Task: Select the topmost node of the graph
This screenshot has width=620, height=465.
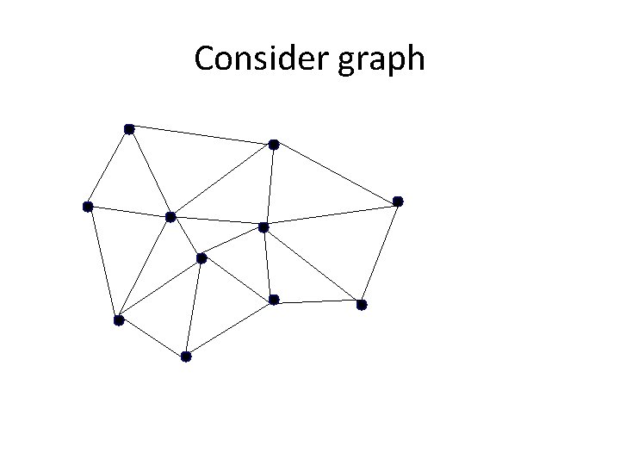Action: [x=128, y=129]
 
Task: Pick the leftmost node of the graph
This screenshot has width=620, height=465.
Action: [x=87, y=207]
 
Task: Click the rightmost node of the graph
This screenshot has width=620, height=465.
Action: [x=398, y=201]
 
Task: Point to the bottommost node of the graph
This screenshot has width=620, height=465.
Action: [x=186, y=356]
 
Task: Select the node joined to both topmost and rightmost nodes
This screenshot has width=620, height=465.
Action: [x=273, y=145]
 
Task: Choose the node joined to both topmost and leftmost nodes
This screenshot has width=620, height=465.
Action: [x=170, y=216]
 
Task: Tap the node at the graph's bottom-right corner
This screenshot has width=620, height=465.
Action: [x=362, y=305]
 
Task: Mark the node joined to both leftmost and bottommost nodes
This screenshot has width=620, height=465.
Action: [x=118, y=320]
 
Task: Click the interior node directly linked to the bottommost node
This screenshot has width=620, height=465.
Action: [x=201, y=258]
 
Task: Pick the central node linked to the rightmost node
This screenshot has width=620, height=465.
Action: [x=263, y=227]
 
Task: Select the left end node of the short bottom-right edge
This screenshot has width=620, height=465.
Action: [x=274, y=300]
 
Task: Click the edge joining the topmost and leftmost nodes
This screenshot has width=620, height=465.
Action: [x=108, y=168]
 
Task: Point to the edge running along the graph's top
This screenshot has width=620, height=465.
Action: [x=201, y=137]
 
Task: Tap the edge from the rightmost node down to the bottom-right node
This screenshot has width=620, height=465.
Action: [x=380, y=253]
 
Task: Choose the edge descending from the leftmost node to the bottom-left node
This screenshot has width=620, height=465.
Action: [x=102, y=263]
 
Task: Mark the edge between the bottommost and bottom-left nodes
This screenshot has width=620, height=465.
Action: [x=152, y=338]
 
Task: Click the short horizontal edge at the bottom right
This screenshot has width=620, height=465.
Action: [x=318, y=302]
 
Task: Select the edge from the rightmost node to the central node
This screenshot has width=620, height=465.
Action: [x=331, y=214]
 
